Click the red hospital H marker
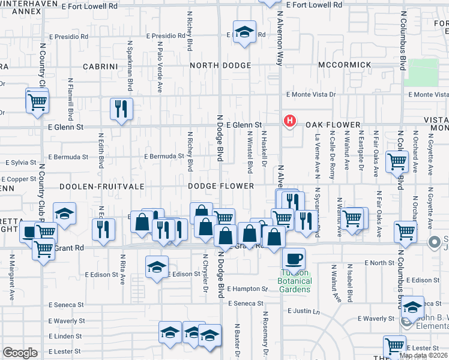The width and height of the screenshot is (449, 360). (290, 121)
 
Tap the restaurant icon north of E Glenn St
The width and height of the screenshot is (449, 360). (122, 109)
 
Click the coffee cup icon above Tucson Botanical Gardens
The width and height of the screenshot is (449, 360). (294, 259)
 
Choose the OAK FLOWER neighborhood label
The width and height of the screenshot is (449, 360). (332, 125)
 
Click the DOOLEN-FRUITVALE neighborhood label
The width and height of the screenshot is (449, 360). (101, 187)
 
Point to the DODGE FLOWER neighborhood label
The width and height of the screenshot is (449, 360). (221, 187)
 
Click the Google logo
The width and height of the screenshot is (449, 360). (20, 353)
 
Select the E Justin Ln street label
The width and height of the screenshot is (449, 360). (306, 311)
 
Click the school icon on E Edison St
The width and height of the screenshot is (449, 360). (157, 266)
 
